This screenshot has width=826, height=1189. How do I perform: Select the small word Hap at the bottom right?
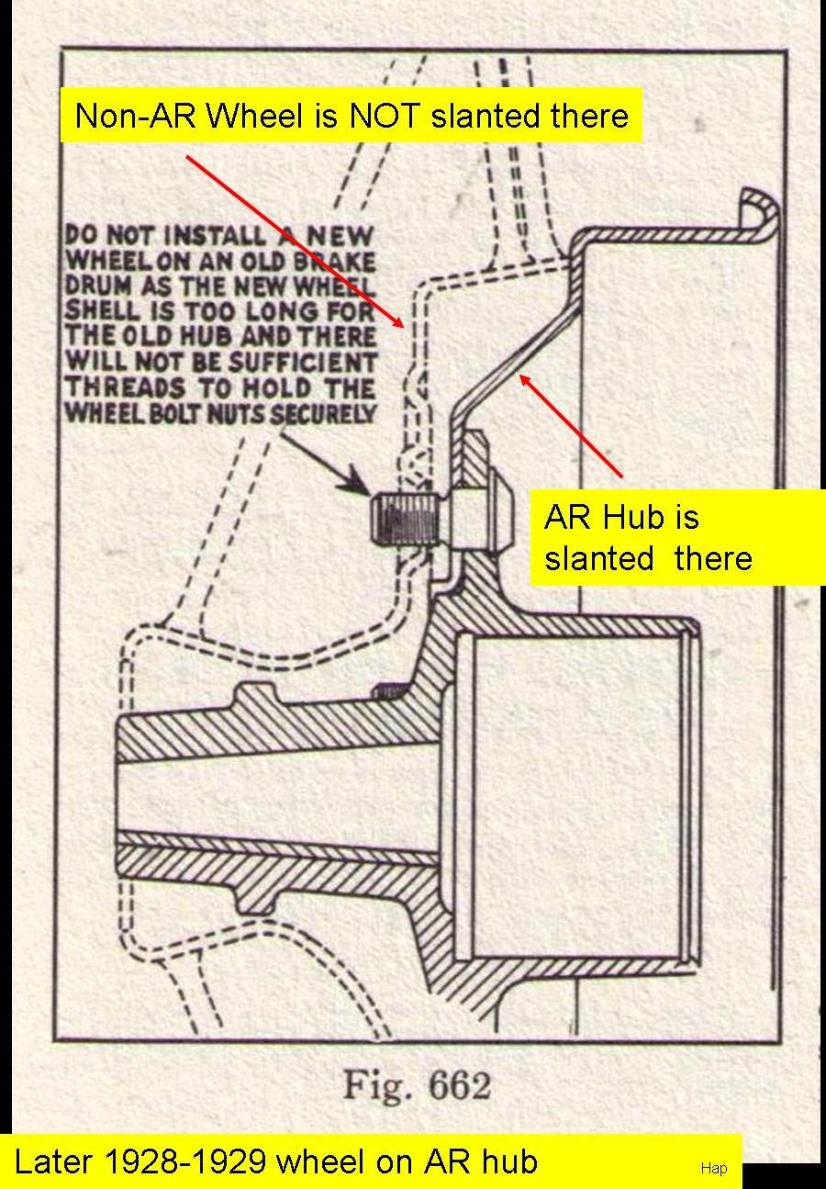(713, 1168)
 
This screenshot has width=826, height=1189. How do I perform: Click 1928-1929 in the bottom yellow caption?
(185, 1162)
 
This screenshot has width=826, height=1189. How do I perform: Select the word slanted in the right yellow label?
(599, 558)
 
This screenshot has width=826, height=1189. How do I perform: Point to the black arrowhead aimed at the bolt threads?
(356, 481)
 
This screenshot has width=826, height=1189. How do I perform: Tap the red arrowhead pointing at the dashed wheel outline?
(396, 320)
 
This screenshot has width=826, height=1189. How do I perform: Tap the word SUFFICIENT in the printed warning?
(302, 363)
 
